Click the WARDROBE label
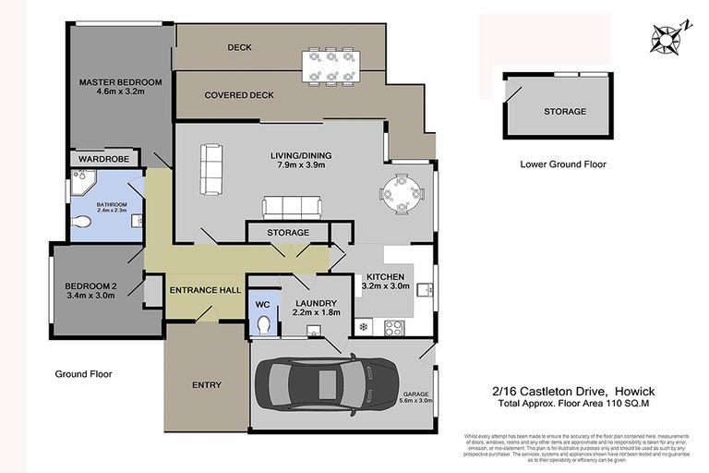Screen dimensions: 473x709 (x=102, y=159)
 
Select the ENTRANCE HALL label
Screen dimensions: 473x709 (x=198, y=290)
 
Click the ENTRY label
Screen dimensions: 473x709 (x=206, y=384)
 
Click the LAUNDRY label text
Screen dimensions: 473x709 (x=315, y=303)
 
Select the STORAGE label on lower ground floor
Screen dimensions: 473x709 (x=564, y=111)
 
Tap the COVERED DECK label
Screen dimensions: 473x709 (x=240, y=94)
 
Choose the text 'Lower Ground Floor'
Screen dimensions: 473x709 (x=563, y=164)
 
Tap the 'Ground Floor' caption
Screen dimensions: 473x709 (x=83, y=374)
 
